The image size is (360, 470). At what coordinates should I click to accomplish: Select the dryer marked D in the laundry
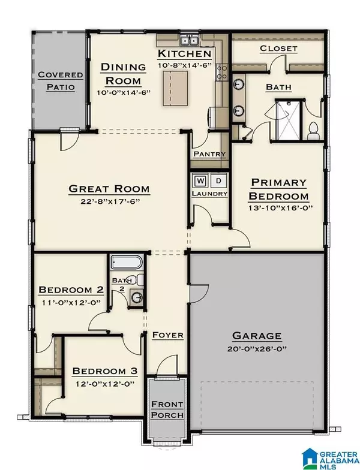[x=218, y=180]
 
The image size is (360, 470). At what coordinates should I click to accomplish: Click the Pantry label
[x=209, y=154]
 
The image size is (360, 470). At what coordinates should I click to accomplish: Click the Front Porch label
[x=167, y=409]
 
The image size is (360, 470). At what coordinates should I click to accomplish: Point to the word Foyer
[x=167, y=335]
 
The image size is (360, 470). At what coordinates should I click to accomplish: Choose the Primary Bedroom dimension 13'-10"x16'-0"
[x=278, y=209]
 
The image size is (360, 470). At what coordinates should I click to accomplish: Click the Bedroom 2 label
[x=71, y=290]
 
